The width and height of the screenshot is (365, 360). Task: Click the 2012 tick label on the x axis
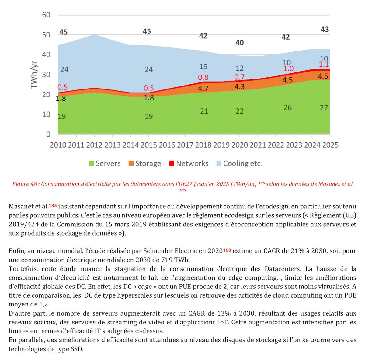(94, 145)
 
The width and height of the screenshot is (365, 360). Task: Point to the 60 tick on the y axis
(46, 15)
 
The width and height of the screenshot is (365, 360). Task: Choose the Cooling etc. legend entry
(243, 163)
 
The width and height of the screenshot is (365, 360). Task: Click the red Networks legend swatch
(172, 163)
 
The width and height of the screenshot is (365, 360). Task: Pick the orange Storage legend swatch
(131, 163)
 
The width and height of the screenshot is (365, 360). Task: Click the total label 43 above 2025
(325, 30)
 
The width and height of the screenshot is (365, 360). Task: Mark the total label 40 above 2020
(240, 43)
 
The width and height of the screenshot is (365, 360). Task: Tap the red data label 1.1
(324, 64)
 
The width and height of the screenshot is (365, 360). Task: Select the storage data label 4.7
(203, 88)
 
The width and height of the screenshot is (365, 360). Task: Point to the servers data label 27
(324, 108)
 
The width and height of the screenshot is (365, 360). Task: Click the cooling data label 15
(203, 67)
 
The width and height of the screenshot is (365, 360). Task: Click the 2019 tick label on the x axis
(221, 145)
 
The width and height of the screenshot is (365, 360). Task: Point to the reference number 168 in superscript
(227, 250)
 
